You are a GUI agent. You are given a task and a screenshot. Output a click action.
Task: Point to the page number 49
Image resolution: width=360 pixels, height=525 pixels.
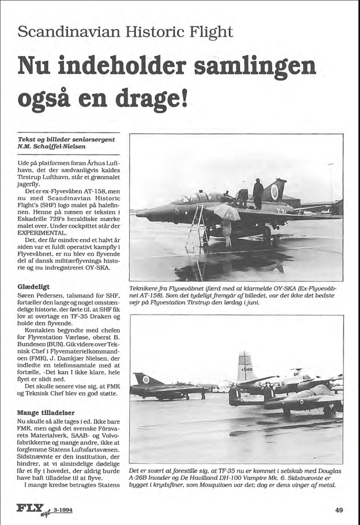click(339, 509)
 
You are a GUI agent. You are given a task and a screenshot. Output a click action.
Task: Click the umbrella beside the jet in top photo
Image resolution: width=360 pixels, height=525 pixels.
click(227, 211)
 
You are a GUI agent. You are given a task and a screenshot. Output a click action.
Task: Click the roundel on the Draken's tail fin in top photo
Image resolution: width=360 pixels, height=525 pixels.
click(274, 192)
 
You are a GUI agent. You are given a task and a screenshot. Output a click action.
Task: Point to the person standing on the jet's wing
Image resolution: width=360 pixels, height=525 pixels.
click(258, 193)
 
